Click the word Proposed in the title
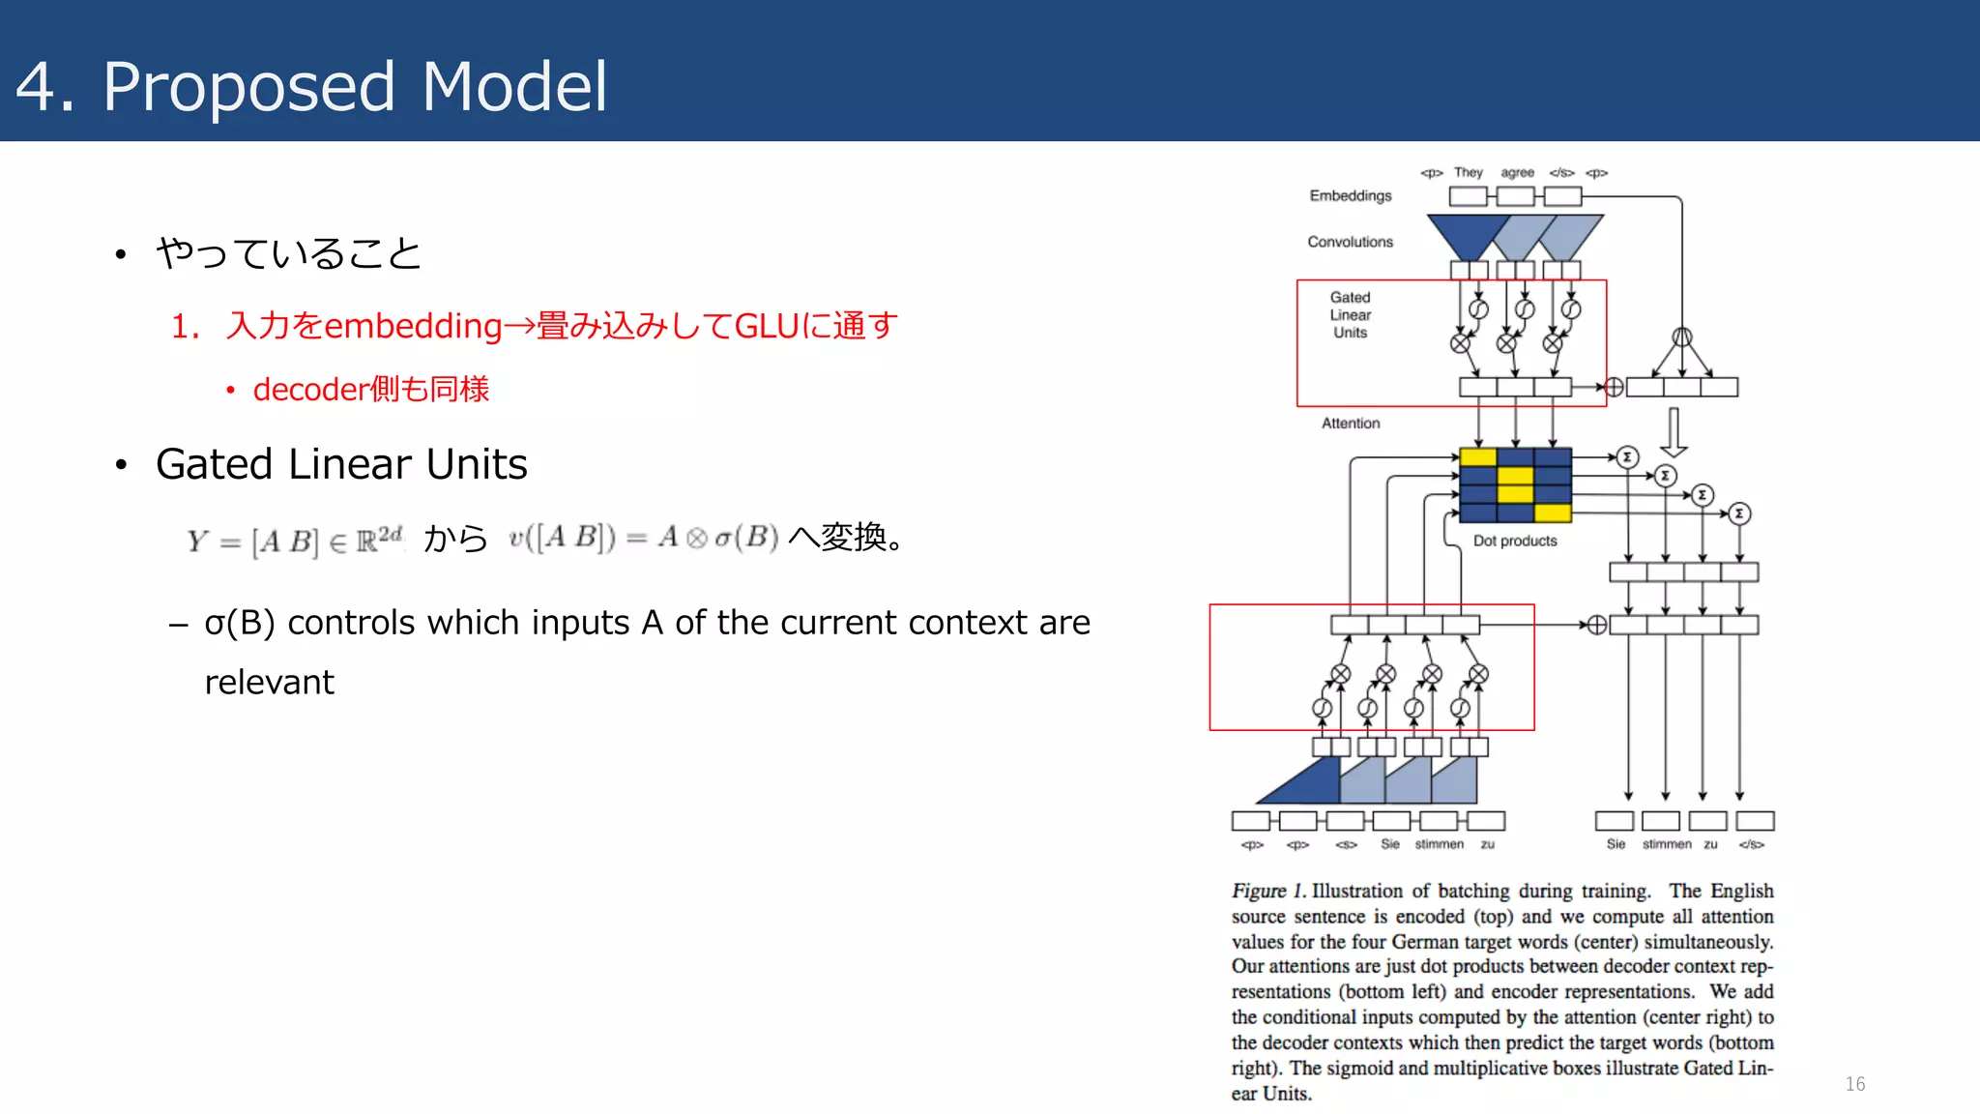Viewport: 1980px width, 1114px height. click(249, 87)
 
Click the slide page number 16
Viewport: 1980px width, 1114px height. click(1854, 1084)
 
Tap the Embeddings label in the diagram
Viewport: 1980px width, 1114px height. click(1350, 195)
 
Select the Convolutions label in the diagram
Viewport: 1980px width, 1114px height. click(1350, 242)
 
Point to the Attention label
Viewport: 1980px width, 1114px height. click(1350, 424)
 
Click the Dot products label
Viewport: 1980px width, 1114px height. click(1514, 542)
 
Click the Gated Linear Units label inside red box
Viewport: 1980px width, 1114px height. click(1350, 315)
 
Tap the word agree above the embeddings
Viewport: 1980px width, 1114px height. click(1517, 173)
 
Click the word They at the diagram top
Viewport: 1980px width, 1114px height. click(1468, 173)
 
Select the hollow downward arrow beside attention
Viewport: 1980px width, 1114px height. click(1674, 432)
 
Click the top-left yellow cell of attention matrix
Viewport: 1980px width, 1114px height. click(1477, 457)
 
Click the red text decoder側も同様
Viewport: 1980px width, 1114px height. click(370, 390)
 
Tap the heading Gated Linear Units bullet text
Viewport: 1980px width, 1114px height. click(341, 465)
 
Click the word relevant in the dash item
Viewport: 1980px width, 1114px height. click(269, 683)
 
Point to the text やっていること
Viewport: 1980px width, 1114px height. click(288, 254)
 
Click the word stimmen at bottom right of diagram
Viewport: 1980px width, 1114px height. click(1666, 844)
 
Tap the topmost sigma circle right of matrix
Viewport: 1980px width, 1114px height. click(1627, 457)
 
